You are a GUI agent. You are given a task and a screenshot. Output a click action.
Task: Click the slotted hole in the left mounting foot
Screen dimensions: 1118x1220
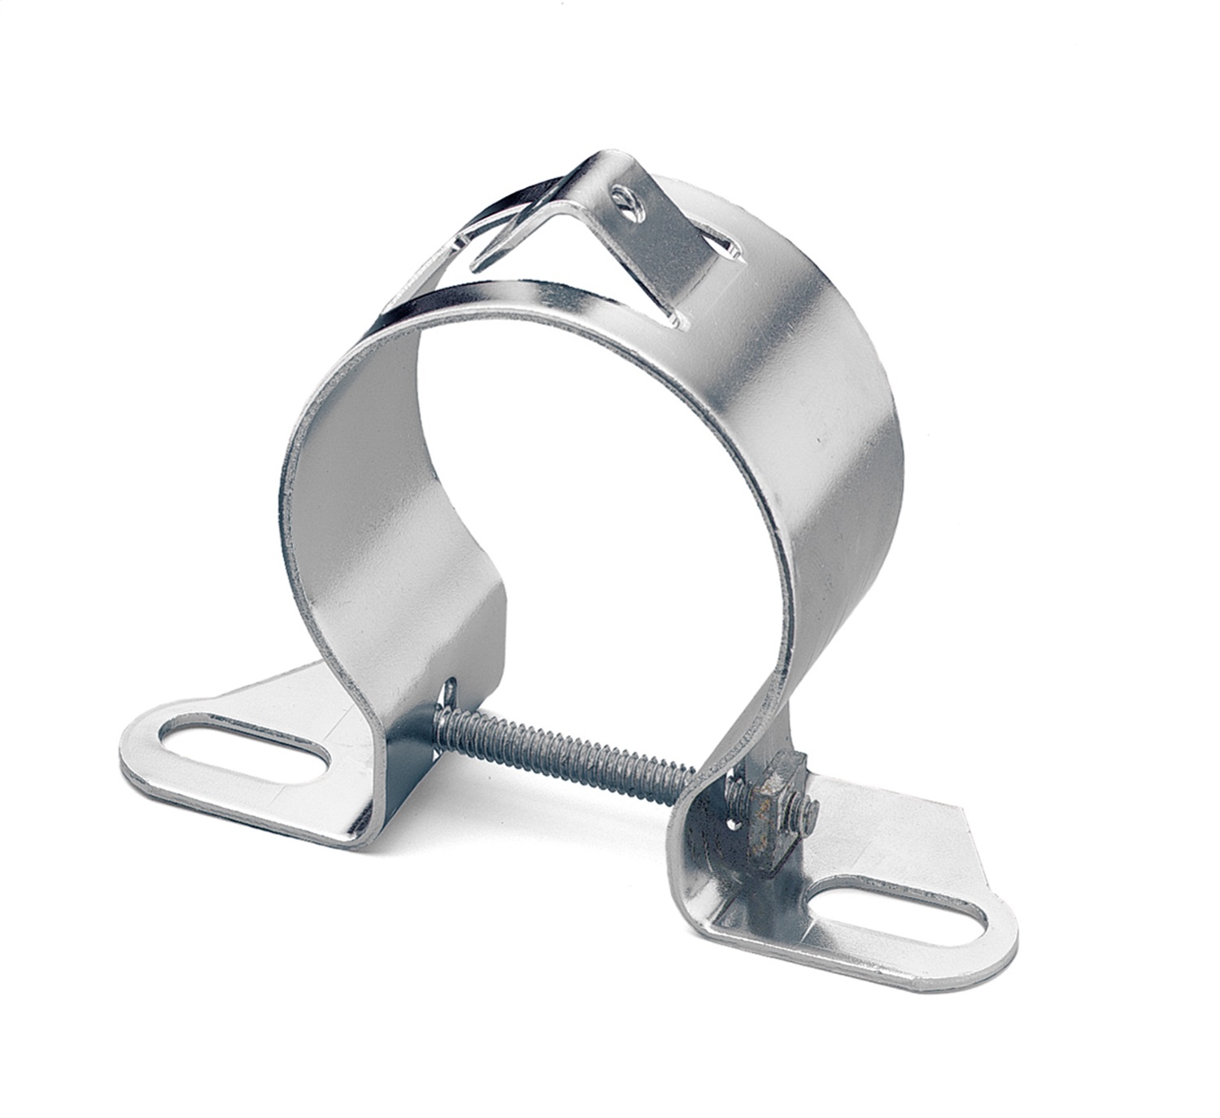coord(244,749)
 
